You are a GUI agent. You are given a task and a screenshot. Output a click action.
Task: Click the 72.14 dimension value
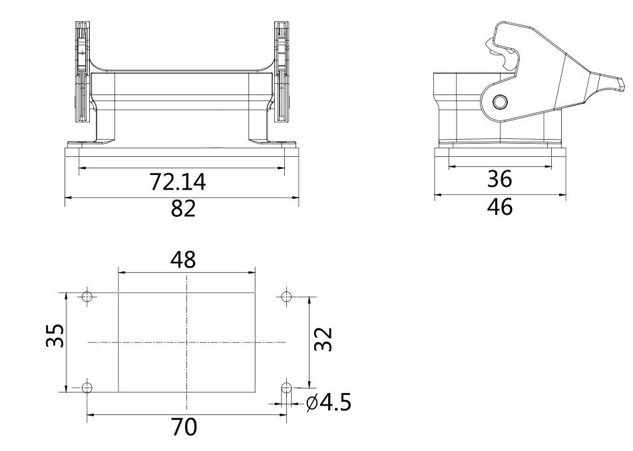(178, 182)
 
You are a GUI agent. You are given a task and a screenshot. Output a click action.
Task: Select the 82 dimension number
(183, 209)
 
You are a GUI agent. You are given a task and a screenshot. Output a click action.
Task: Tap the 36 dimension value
(499, 179)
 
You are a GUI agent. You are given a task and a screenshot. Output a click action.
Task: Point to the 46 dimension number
(500, 207)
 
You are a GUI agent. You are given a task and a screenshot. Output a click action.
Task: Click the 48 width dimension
(183, 259)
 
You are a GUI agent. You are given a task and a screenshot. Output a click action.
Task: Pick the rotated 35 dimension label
(55, 335)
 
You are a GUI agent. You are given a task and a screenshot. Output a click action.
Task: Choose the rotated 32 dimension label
(323, 339)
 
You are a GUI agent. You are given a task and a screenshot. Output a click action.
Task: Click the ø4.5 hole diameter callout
(329, 402)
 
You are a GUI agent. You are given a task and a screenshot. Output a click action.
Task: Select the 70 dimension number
(184, 427)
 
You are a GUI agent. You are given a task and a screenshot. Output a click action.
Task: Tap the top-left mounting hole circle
(87, 297)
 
